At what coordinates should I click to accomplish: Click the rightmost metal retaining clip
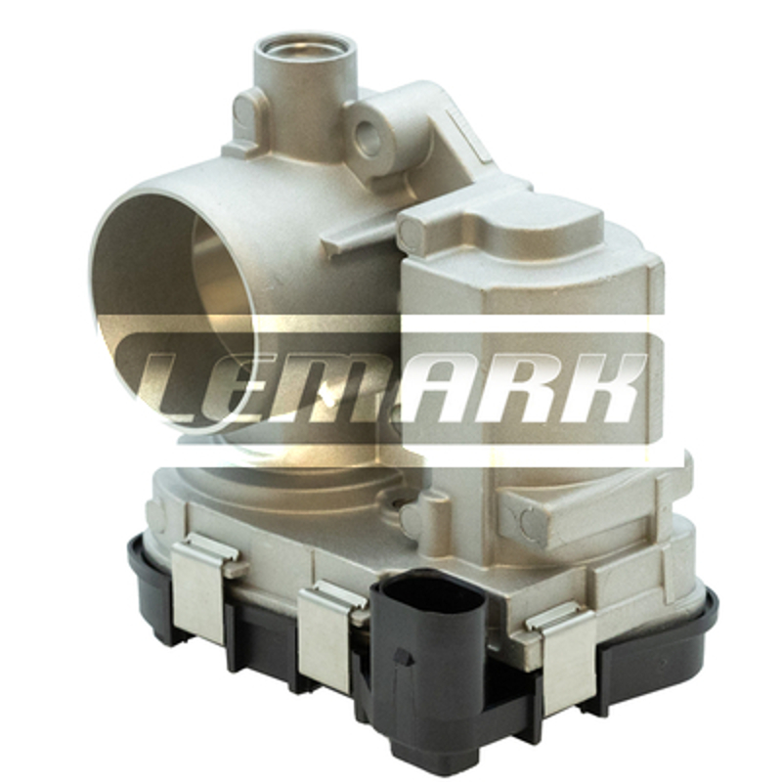[x=564, y=659]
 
